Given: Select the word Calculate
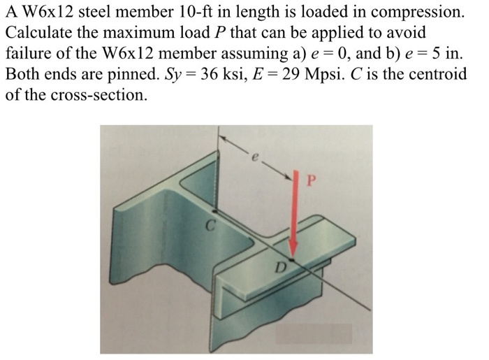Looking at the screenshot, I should coord(36,33).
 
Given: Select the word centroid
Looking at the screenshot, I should coord(437,73).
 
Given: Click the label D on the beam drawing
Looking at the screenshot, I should coord(282,266).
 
